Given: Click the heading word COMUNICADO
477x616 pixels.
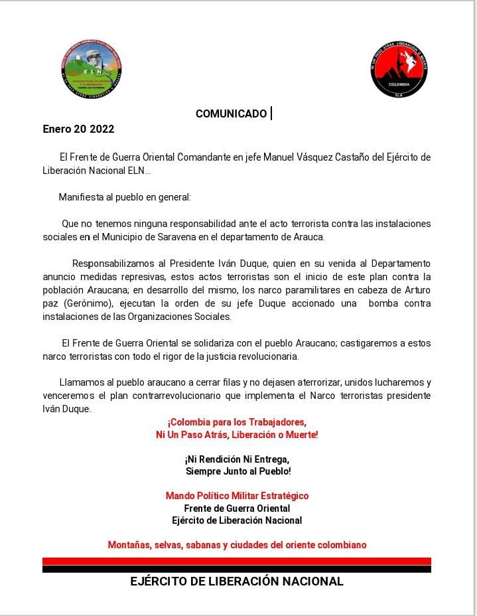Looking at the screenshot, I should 231,114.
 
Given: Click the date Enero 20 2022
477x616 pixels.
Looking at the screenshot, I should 78,129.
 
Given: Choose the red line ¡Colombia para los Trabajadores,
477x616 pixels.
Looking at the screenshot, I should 237,422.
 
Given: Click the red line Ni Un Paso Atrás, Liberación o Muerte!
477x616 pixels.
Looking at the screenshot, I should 237,435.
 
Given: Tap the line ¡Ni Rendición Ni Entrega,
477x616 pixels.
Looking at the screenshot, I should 237,459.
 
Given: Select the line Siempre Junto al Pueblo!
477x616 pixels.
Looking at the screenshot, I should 238,471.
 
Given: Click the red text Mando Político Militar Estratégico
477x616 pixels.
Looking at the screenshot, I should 237,496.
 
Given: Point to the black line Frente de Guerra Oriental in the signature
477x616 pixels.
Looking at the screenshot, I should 237,508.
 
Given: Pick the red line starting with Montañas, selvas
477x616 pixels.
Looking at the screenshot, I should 237,545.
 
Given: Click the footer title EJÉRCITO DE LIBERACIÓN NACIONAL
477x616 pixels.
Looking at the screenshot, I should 237,581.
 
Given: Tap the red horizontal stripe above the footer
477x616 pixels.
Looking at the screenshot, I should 237,561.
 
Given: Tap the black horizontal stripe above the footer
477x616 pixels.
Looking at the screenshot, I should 237,569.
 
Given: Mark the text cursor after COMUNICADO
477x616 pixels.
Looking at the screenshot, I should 271,114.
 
